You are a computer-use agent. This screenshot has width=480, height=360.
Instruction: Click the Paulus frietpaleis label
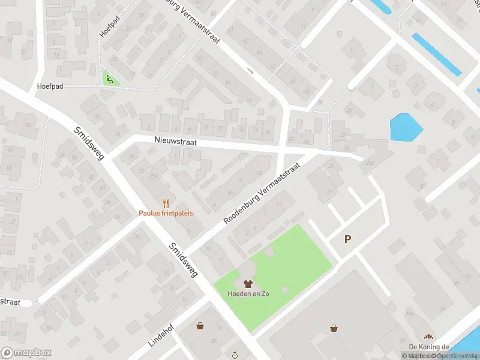[166, 213]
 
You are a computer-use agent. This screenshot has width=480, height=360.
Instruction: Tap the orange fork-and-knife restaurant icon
[166, 203]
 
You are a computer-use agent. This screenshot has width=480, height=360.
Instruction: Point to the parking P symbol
[347, 239]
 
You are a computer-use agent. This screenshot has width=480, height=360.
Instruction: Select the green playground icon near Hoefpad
[109, 78]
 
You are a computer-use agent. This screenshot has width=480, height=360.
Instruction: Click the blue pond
[406, 127]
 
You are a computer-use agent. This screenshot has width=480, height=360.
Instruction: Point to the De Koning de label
[429, 347]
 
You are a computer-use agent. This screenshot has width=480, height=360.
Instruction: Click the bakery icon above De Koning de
[428, 337]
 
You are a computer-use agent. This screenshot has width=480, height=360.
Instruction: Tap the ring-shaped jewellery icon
[236, 355]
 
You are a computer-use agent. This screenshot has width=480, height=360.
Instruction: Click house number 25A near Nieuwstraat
[153, 175]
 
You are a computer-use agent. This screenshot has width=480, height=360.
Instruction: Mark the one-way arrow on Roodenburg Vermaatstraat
[251, 71]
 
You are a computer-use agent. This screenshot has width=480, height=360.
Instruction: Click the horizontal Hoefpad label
[50, 86]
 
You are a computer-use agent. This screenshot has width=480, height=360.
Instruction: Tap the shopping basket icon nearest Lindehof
[200, 326]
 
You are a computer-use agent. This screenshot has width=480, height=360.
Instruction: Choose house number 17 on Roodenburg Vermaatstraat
[279, 204]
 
